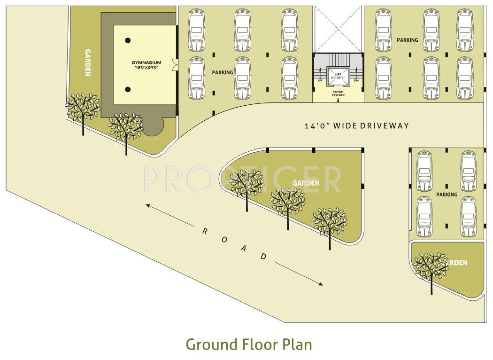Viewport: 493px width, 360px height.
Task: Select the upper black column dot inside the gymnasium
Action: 128,40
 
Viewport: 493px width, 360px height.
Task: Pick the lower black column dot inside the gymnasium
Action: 128,89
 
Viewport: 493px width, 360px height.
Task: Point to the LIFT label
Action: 338,74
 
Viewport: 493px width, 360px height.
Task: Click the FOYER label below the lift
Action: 338,92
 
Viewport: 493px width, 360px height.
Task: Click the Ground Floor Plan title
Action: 248,344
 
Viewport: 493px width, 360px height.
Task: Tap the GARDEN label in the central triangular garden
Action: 306,183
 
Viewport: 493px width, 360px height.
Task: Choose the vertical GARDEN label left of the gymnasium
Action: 88,62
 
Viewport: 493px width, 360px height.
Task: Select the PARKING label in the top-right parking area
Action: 407,40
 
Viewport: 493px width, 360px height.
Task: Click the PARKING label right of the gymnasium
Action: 223,72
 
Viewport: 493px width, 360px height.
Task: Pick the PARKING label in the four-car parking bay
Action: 447,194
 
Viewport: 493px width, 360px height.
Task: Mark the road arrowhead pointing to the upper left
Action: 147,205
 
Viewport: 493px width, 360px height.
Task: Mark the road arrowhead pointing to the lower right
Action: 321,284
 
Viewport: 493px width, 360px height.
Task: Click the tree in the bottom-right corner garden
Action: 431,268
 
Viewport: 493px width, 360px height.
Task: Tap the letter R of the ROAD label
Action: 205,231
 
